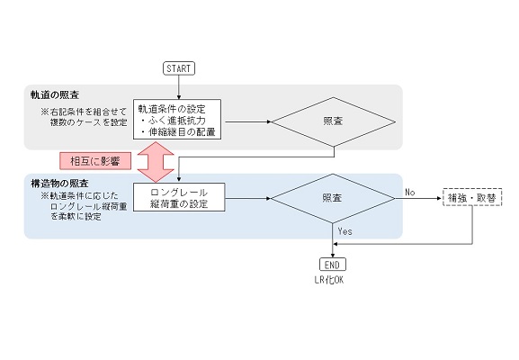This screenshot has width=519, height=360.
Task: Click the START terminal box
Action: click(x=179, y=68)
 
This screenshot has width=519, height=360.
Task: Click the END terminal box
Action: click(x=333, y=265)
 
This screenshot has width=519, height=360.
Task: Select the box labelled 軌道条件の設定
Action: click(x=177, y=119)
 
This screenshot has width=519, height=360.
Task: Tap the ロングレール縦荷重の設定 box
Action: click(x=179, y=197)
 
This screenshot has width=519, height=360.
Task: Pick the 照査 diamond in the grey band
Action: click(x=334, y=121)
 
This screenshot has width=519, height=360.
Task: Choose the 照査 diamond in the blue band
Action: click(x=333, y=198)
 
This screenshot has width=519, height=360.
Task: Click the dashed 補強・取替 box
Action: click(x=472, y=197)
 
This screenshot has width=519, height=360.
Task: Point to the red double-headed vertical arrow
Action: click(x=156, y=162)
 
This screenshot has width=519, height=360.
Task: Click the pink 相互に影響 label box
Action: click(x=95, y=161)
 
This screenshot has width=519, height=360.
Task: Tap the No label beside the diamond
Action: click(x=410, y=192)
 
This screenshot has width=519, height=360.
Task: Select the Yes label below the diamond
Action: click(x=345, y=231)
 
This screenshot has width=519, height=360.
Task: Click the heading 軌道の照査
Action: click(x=55, y=95)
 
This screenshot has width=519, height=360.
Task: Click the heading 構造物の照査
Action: click(x=59, y=183)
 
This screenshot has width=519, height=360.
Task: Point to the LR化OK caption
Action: click(x=329, y=280)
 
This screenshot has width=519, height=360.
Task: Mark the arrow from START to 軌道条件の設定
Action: click(x=179, y=87)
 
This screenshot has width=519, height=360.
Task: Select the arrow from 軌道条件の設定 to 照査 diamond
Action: click(x=248, y=121)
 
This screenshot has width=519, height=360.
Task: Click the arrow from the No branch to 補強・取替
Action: click(x=419, y=198)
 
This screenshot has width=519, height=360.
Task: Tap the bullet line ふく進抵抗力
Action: click(x=174, y=121)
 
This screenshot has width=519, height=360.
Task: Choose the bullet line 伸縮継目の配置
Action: click(x=178, y=131)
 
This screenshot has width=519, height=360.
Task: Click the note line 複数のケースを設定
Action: click(x=89, y=122)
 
